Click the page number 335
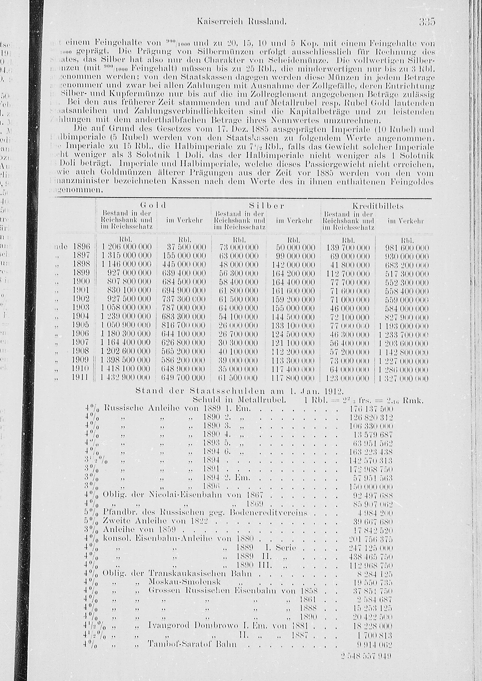pos(427,22)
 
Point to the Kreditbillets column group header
pos(378,206)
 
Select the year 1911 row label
pos(80,377)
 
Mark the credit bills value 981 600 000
pos(407,248)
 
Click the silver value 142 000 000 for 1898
pos(293,265)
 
